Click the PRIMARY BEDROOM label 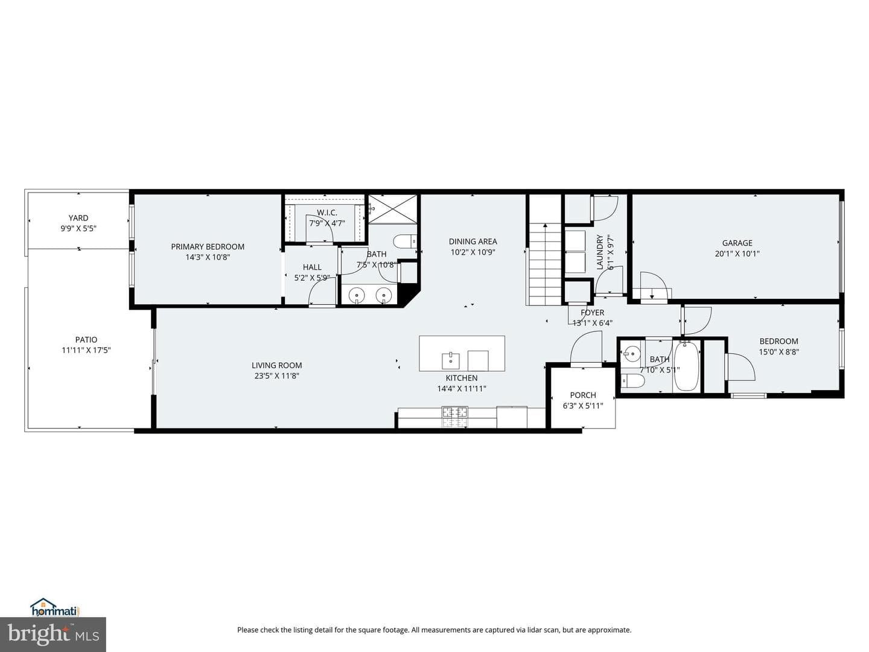point(208,247)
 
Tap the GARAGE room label point(737,243)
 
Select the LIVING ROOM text point(277,365)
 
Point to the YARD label point(78,218)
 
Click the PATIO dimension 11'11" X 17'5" point(86,350)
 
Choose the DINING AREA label point(473,241)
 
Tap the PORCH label point(583,395)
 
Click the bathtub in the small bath point(687,366)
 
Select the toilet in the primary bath point(405,241)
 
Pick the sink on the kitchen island point(451,360)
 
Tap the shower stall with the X point(393,209)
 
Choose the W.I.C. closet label point(327,213)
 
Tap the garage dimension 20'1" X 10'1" point(737,254)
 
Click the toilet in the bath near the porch point(632,381)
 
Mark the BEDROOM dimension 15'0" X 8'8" point(778,351)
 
